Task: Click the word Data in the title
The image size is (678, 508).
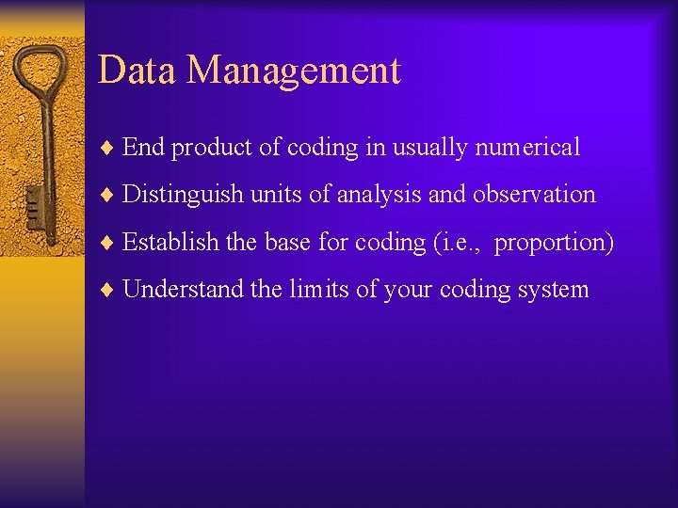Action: (135, 71)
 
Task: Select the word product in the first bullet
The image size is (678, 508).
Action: (205, 148)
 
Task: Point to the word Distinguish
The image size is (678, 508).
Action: (183, 195)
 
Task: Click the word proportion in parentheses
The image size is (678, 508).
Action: (554, 243)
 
